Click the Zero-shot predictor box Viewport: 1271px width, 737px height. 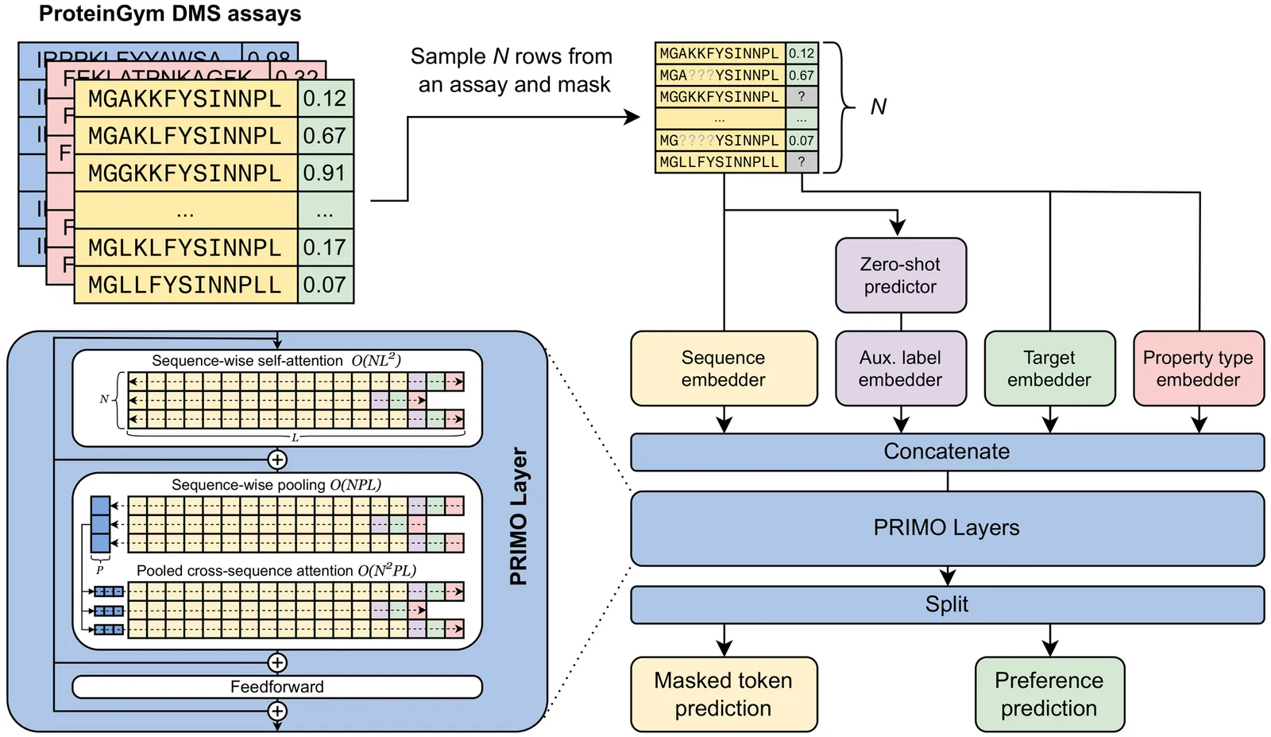pyautogui.click(x=900, y=275)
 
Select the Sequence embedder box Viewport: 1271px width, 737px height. pyautogui.click(x=723, y=368)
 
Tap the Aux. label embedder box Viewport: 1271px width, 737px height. pyautogui.click(x=900, y=368)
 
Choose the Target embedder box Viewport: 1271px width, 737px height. pyautogui.click(x=1049, y=368)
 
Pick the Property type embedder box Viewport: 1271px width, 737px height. pyautogui.click(x=1198, y=368)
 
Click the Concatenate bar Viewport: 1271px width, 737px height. pyautogui.click(x=947, y=452)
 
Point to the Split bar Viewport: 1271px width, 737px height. pyautogui.click(x=947, y=604)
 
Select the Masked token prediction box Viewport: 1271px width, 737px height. pyautogui.click(x=723, y=694)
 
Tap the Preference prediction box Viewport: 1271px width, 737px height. pyautogui.click(x=1049, y=694)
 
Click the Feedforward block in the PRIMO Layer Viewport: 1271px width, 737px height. pyautogui.click(x=276, y=687)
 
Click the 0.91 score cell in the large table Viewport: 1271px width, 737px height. pyautogui.click(x=325, y=173)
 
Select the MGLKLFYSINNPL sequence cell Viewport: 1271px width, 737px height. pyautogui.click(x=185, y=248)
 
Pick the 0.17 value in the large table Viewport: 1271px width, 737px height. pyautogui.click(x=325, y=248)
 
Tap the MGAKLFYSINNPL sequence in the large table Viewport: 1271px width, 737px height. pyautogui.click(x=185, y=136)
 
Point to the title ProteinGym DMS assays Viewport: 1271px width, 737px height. pyautogui.click(x=170, y=14)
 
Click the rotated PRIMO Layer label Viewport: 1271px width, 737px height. pyautogui.click(x=519, y=517)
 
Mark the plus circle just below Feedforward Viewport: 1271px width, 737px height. pyautogui.click(x=276, y=711)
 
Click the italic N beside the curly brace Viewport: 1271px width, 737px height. pyautogui.click(x=878, y=107)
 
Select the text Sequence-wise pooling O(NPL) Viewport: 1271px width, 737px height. pyautogui.click(x=276, y=485)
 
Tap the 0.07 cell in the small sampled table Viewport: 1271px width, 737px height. pyautogui.click(x=802, y=141)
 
